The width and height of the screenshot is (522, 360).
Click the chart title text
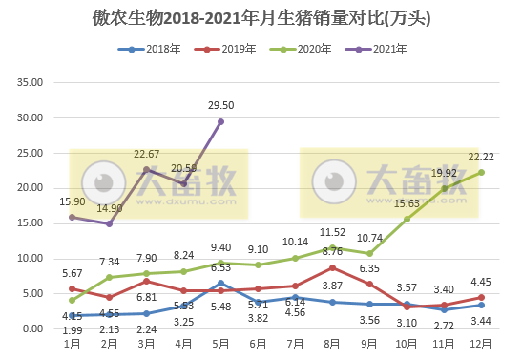[261, 16]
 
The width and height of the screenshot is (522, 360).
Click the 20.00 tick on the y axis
[31, 188]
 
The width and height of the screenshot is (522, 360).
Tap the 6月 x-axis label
[258, 342]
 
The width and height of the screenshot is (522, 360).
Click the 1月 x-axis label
[72, 342]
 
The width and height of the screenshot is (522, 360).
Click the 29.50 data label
[220, 105]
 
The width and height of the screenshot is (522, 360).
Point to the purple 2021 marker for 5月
[220, 121]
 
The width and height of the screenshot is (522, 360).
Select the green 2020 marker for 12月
[481, 172]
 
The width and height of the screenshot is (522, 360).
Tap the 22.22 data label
[481, 156]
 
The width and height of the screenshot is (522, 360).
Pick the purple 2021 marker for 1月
[72, 217]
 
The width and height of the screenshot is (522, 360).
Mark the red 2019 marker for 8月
[332, 267]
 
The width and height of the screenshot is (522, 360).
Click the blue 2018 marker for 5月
[220, 283]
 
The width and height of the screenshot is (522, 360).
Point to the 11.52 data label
[332, 231]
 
